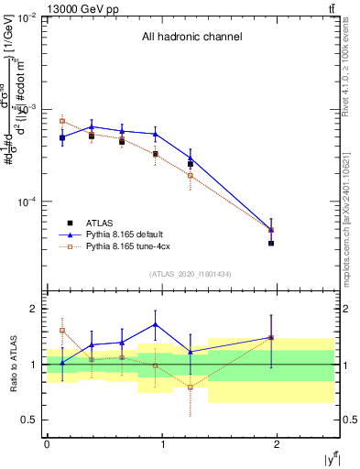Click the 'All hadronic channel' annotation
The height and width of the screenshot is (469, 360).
point(191,37)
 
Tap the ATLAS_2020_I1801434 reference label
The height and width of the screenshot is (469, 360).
point(191,274)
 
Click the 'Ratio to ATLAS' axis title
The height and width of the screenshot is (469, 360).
point(12,365)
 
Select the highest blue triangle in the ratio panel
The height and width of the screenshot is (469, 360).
point(155,323)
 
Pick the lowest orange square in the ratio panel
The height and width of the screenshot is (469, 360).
point(191,387)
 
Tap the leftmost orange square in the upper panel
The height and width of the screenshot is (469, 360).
point(62,121)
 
